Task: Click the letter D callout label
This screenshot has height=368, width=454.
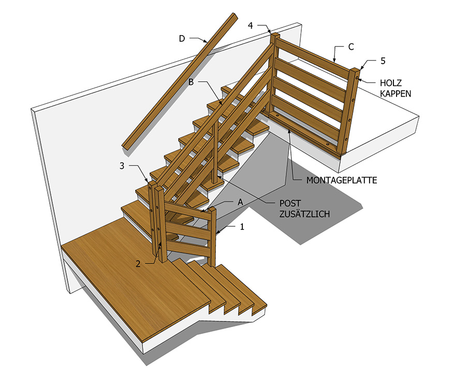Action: (182, 38)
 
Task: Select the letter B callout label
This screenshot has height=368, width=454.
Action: (191, 82)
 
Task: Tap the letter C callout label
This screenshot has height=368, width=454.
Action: (351, 47)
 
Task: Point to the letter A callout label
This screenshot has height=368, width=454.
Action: (240, 202)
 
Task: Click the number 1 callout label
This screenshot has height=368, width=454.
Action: (242, 227)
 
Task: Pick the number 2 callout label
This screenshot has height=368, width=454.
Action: (138, 264)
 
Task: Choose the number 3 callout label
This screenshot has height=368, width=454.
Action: (122, 166)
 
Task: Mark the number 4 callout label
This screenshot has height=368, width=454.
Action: (251, 25)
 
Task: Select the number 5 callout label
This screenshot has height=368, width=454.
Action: (383, 61)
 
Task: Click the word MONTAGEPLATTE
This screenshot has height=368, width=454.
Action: (342, 181)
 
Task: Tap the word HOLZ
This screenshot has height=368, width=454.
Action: (391, 83)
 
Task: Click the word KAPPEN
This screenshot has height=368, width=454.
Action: (396, 94)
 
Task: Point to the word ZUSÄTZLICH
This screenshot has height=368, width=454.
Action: (304, 214)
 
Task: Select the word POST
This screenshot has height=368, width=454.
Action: (290, 203)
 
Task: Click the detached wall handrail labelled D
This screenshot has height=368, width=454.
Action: (180, 81)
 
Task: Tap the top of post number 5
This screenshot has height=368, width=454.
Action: (356, 69)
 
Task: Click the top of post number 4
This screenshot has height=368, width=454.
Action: (275, 35)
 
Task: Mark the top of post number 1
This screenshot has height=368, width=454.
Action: (212, 209)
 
